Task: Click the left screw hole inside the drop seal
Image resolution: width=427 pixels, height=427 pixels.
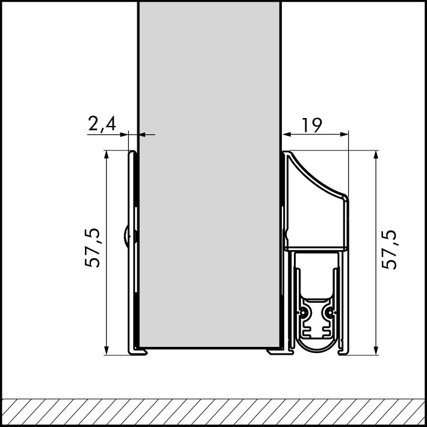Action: tap(305, 313)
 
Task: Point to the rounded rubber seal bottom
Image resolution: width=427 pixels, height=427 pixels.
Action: tap(317, 348)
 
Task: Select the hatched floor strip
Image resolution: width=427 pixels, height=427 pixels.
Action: tap(213, 412)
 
